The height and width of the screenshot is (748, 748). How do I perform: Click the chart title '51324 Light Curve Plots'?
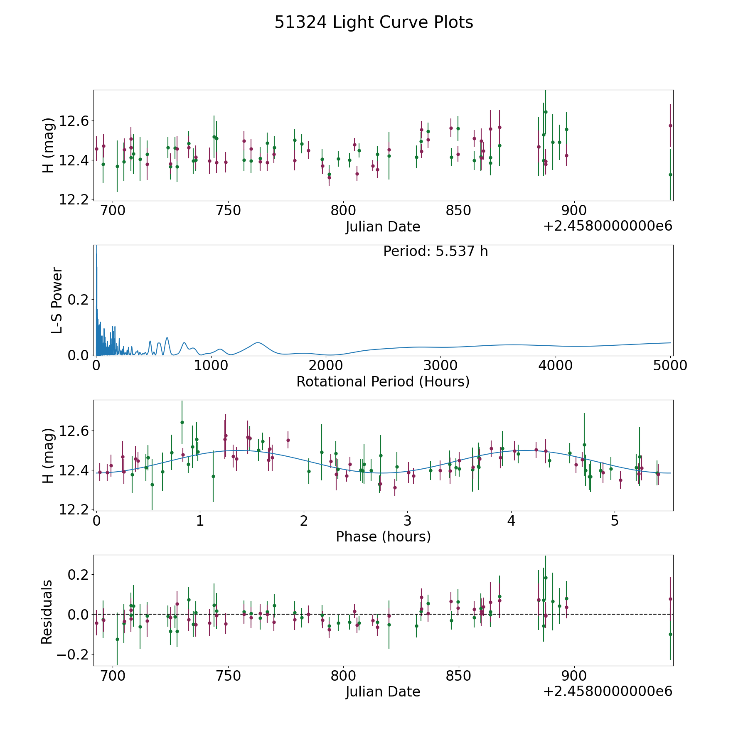[x=374, y=22]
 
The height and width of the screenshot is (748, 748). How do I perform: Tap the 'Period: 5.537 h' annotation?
[x=435, y=251]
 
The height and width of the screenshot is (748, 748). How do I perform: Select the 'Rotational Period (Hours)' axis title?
[x=383, y=381]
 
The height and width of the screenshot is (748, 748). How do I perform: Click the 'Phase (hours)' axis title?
[x=383, y=536]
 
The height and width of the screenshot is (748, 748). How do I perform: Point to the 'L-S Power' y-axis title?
[x=57, y=300]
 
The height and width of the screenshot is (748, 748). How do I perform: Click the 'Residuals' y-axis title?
[x=47, y=612]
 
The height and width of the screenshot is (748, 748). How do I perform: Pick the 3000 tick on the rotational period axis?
[x=440, y=366]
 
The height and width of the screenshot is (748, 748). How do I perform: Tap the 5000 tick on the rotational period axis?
[x=670, y=366]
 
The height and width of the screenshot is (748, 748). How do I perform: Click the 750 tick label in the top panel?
[x=229, y=211]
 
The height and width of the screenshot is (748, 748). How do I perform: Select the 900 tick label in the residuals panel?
[x=574, y=676]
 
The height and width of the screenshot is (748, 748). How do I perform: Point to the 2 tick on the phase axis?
[x=304, y=521]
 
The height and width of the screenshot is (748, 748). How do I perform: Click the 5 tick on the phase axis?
[x=615, y=521]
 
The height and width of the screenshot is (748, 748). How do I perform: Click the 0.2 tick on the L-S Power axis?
[x=79, y=300]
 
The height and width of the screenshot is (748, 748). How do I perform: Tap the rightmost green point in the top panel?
[x=670, y=175]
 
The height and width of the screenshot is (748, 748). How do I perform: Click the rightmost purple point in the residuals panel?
[x=670, y=599]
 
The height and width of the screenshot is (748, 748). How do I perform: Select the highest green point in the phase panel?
[x=182, y=422]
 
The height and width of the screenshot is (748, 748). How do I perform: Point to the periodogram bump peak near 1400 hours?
[x=258, y=342]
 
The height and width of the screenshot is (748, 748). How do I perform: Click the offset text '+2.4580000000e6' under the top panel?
[x=608, y=226]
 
